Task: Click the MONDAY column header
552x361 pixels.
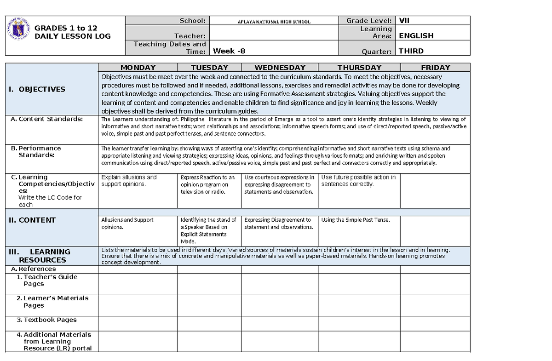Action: click(138, 68)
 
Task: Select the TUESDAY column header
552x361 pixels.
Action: click(209, 68)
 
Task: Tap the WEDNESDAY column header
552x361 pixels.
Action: click(280, 68)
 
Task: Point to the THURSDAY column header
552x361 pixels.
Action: click(359, 68)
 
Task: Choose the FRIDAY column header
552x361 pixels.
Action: click(435, 68)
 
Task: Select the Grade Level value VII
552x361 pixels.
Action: click(404, 20)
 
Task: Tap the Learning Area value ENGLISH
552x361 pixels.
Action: click(416, 36)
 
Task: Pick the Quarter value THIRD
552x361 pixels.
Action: click(411, 51)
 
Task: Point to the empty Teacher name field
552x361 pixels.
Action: click(273, 33)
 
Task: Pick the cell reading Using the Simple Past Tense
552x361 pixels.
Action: click(355, 220)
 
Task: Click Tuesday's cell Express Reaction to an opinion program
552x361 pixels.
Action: click(208, 184)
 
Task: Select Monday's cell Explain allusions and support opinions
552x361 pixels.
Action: click(129, 181)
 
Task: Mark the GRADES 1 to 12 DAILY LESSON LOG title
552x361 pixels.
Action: click(72, 32)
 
